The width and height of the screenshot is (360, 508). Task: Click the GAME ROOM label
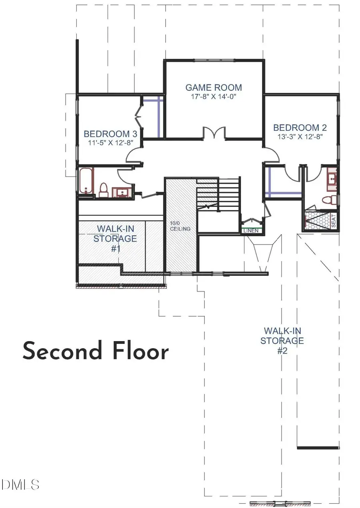[214, 88]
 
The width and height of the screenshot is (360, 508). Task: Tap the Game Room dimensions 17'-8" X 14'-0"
[214, 97]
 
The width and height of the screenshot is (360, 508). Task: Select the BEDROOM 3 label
[110, 134]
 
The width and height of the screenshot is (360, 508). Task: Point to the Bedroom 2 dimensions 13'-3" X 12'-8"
[300, 137]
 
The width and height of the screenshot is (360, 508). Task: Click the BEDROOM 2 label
[300, 128]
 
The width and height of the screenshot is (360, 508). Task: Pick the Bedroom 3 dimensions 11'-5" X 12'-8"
[110, 143]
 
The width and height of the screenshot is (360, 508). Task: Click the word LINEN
[251, 231]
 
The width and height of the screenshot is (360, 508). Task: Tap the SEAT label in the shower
[334, 221]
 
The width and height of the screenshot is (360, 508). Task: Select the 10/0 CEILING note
[180, 226]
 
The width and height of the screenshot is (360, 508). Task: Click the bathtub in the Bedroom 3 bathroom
[86, 181]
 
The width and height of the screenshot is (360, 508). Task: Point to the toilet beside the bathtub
[104, 190]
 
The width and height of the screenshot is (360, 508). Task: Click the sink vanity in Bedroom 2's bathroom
[332, 179]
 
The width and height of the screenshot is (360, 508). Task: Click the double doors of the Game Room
[214, 133]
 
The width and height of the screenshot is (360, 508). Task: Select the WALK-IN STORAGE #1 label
[115, 239]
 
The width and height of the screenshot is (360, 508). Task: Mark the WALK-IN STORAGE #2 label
[282, 341]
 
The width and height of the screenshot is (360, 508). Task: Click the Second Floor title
[96, 351]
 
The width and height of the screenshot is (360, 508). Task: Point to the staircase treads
[218, 195]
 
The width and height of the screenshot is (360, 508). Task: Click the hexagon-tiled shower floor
[317, 220]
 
